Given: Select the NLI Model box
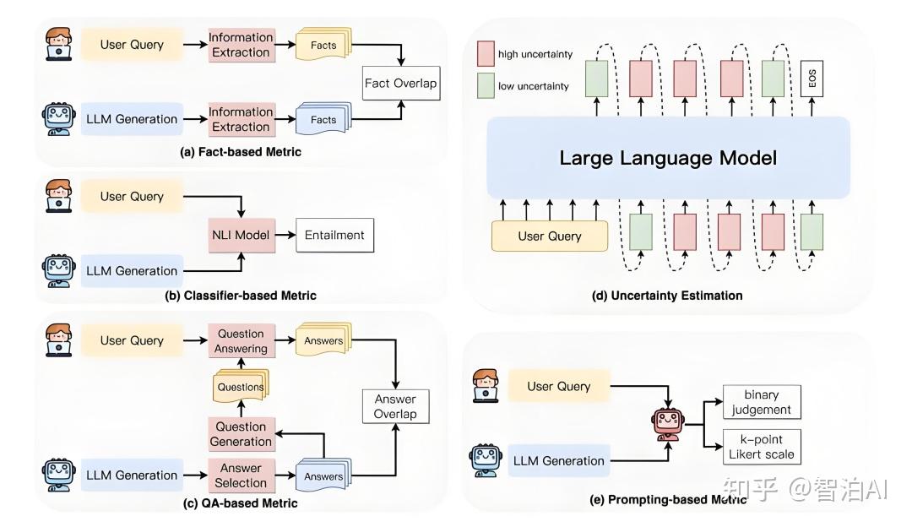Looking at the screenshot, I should click(241, 234).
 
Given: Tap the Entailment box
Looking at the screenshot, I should click(334, 234).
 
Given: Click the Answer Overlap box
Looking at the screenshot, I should click(395, 406).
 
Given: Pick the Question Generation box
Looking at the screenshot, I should click(241, 434).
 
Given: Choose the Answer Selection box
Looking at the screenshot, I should click(241, 475).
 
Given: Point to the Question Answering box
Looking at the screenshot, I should click(241, 341).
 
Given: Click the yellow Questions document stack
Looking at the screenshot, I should click(241, 386).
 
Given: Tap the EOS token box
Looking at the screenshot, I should click(812, 79).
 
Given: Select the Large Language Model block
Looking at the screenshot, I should click(667, 158).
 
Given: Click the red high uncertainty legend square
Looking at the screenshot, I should click(486, 53).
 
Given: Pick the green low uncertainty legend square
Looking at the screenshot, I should click(486, 85).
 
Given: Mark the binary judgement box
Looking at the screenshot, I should click(761, 402).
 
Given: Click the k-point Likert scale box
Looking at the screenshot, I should click(761, 445).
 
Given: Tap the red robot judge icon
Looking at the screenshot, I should click(668, 421).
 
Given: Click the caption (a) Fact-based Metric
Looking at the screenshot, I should click(241, 152).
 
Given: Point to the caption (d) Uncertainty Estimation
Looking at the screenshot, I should click(667, 296).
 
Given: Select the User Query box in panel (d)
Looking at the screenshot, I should click(550, 236).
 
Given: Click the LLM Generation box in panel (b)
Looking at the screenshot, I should click(132, 271).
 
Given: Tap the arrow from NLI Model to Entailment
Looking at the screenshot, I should click(284, 234).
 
